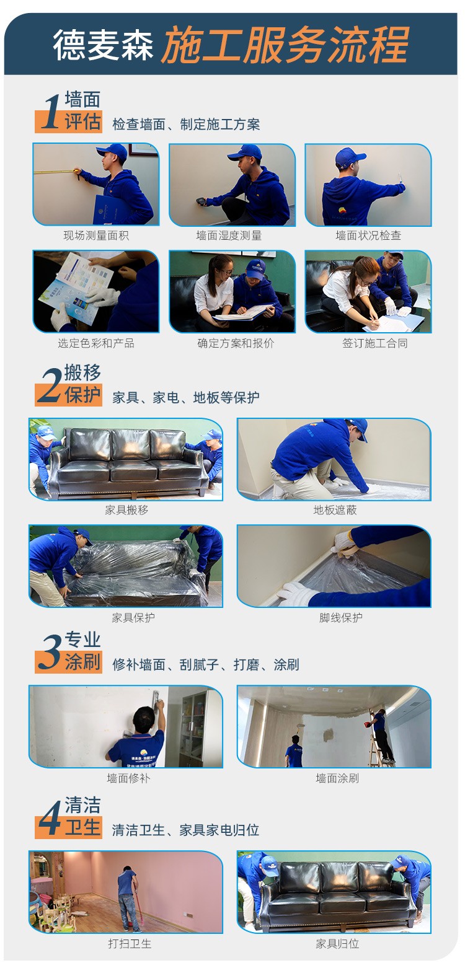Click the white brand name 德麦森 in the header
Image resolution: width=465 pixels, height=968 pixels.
[x=103, y=45]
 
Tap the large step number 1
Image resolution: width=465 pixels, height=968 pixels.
[x=51, y=112]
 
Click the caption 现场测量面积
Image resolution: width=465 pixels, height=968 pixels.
[x=96, y=235]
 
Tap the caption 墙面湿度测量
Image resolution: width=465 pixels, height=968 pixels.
[x=229, y=235]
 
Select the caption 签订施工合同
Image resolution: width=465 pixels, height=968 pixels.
[x=374, y=343]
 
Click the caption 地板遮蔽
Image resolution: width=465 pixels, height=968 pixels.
[x=335, y=510]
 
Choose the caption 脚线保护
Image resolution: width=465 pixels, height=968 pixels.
[x=340, y=617]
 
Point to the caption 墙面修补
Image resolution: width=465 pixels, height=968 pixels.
[x=128, y=778]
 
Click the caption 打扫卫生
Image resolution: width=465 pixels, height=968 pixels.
[x=130, y=944]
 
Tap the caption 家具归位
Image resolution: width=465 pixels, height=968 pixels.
[x=337, y=944]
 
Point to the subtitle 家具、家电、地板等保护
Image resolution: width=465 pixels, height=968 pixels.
[x=186, y=397]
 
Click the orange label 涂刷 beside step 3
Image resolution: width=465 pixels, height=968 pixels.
[x=82, y=662]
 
